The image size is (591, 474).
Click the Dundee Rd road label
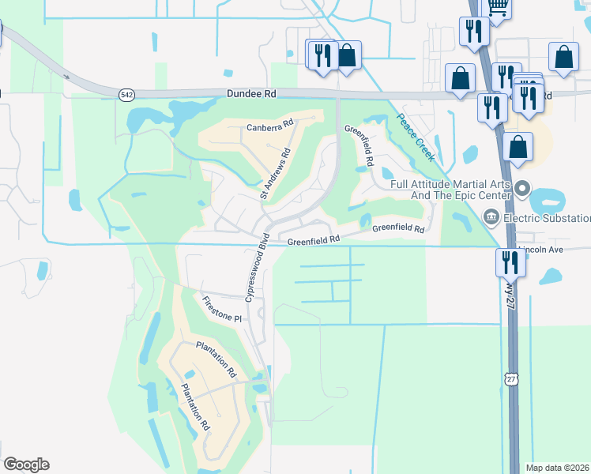pos(250,93)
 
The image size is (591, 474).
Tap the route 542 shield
pos(127,94)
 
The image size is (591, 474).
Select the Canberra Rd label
pos(269,124)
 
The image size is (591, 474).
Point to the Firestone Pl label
pos(220,310)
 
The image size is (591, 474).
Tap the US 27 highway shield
pos(511,378)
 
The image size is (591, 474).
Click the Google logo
pos(26,465)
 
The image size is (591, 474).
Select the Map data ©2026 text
pos(558,468)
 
